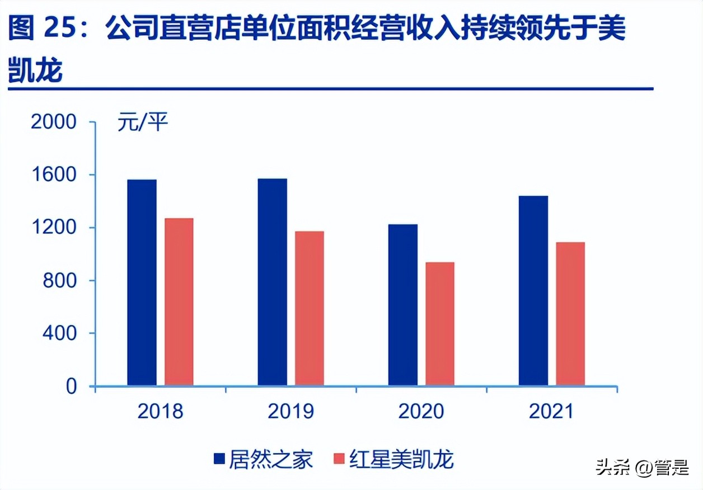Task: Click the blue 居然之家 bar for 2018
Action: tap(142, 282)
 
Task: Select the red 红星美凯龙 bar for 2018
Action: tap(179, 302)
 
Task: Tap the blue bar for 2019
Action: tap(272, 282)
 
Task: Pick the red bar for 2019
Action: tap(309, 308)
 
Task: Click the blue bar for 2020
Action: tap(402, 305)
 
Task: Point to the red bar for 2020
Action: tap(439, 324)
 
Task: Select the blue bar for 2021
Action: tap(533, 291)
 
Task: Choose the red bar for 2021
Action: tap(570, 314)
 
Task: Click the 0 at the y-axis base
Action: tap(71, 387)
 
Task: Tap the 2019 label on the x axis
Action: tap(290, 412)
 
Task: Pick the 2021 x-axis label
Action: tap(551, 412)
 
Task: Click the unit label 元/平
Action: tap(143, 122)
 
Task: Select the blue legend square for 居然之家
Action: tap(219, 460)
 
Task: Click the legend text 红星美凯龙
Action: tap(401, 460)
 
